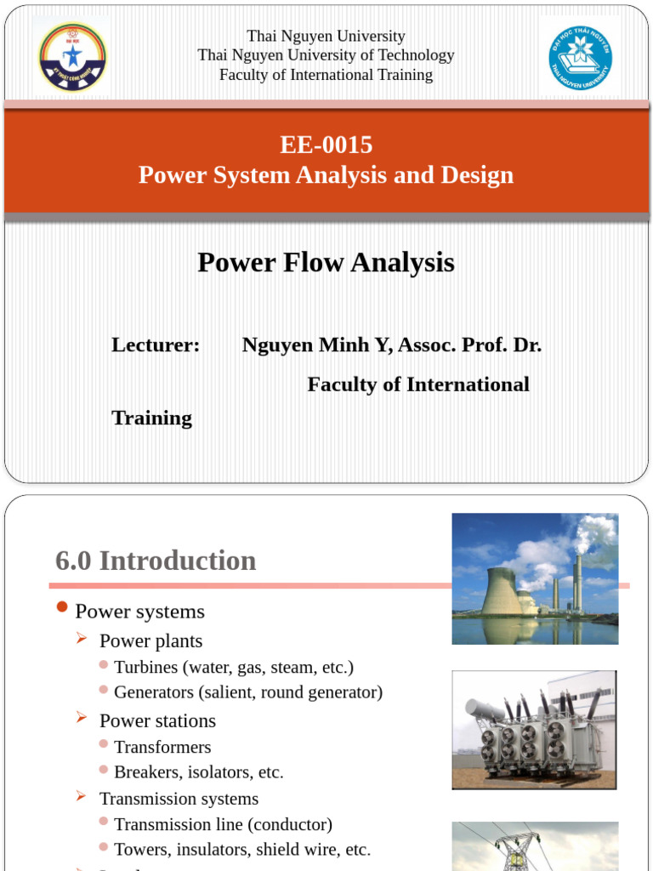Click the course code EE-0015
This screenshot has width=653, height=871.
coord(326,145)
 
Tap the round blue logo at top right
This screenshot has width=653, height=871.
coord(580,58)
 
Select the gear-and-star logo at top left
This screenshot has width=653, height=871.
coord(72,57)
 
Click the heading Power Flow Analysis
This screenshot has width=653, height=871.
coord(326,263)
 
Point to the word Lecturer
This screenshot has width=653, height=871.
coord(156,345)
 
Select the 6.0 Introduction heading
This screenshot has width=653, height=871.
coord(156,561)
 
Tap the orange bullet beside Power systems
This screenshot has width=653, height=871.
coord(60,606)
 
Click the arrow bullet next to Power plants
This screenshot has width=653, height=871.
coord(82,638)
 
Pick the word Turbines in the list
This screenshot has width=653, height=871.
coord(145,668)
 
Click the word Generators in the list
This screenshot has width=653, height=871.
coord(154,692)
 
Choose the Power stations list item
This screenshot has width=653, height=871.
coord(157,721)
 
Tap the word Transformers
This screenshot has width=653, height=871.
coord(162,748)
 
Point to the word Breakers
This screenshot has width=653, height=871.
coord(145,772)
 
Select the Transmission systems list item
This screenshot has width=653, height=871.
coord(179,799)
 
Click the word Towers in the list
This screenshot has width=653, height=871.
coord(139,849)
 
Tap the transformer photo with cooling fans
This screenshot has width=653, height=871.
coord(534,730)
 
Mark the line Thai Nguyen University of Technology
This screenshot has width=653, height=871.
coord(326,55)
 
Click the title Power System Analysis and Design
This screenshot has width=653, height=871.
coord(326,175)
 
